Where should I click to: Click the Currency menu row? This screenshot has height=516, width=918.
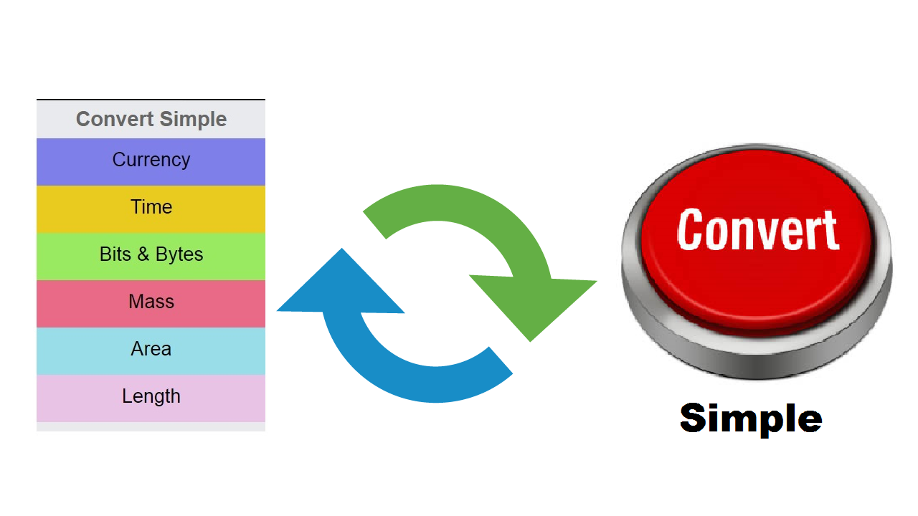coord(151,162)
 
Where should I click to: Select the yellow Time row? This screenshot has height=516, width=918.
coord(151,209)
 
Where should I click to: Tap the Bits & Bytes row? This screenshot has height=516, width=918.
coord(151,257)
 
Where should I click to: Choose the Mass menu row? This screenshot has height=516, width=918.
coord(151,304)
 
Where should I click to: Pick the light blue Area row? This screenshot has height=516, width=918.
coord(151,351)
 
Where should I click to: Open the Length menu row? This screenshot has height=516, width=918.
coord(151,398)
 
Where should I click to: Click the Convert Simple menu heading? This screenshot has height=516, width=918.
coord(151,120)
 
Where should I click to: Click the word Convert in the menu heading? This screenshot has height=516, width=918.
coord(115,119)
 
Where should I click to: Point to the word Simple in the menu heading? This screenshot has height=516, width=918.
coord(193,120)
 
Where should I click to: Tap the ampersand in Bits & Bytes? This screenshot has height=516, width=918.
coord(143,254)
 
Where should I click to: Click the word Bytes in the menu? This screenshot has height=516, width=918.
coord(179,254)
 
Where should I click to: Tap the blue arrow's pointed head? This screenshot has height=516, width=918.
coord(342,248)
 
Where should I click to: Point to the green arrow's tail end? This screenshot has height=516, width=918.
coord(374,225)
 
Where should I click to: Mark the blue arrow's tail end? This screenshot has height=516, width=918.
coord(501,360)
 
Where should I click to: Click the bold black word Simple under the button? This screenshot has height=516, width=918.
coord(751,419)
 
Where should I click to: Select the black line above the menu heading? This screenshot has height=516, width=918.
coord(151,100)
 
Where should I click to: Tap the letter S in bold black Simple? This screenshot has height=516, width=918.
coord(694,417)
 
